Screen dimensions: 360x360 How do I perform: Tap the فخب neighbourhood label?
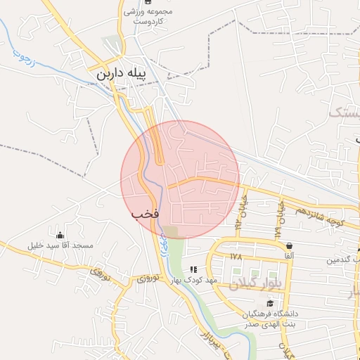146,212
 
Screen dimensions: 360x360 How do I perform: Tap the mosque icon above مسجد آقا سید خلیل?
60,235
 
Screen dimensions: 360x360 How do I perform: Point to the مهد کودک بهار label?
194,281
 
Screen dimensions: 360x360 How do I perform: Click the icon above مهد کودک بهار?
193,269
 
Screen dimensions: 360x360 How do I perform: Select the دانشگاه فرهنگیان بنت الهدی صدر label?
271,319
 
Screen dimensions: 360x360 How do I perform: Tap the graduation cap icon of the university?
270,303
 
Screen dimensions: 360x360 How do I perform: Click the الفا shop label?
289,257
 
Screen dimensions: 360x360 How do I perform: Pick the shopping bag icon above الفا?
289,246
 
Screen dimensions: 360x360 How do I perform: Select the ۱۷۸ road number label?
236,257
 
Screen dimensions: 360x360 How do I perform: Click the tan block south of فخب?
172,231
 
